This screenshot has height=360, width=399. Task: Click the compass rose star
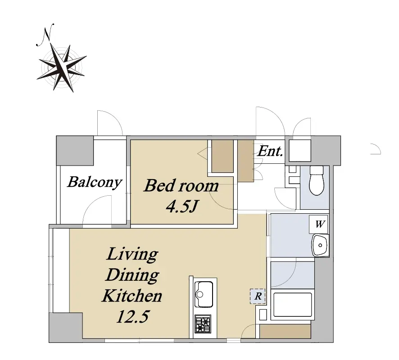pyautogui.click(x=62, y=67)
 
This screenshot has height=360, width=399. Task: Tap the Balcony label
pyautogui.click(x=95, y=182)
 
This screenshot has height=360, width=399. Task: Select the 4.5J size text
pyautogui.click(x=181, y=206)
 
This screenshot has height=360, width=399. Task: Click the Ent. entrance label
pyautogui.click(x=270, y=151)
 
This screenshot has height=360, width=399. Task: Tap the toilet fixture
pyautogui.click(x=316, y=180)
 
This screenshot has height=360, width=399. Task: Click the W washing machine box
pyautogui.click(x=319, y=224)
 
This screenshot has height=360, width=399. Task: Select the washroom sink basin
pyautogui.click(x=320, y=245)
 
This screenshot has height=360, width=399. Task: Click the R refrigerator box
pyautogui.click(x=258, y=296)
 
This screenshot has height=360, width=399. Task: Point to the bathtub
pyautogui.click(x=293, y=305)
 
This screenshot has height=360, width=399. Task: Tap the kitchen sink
pyautogui.click(x=204, y=294)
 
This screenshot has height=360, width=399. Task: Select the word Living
pyautogui.click(x=132, y=254)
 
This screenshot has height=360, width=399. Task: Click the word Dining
pyautogui.click(x=132, y=275)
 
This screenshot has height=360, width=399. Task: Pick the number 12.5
pyautogui.click(x=132, y=316)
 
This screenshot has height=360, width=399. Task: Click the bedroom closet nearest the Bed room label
pyautogui.click(x=222, y=156)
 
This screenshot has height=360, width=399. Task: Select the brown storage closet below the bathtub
pyautogui.click(x=285, y=331)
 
